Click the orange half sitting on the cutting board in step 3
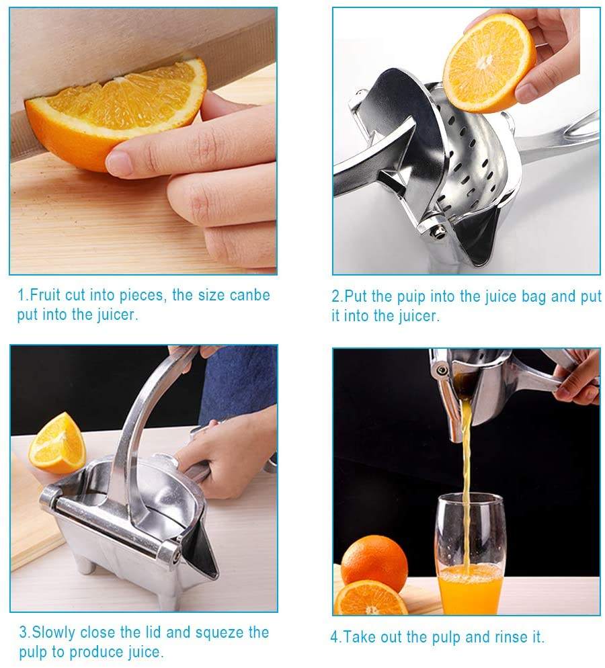tap(56, 443)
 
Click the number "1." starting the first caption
tap(24, 295)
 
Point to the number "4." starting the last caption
tap(336, 637)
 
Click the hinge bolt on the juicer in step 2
tap(438, 233)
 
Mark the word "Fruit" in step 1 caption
tap(46, 295)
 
